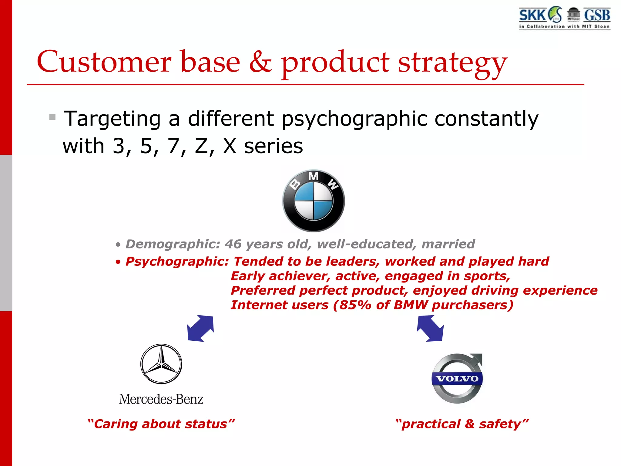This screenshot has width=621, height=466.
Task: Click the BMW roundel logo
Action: (314, 201)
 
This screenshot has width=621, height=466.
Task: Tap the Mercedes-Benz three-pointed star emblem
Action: (161, 364)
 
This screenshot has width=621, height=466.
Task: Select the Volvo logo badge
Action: (457, 378)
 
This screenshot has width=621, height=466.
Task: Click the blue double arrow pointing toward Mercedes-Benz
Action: (200, 329)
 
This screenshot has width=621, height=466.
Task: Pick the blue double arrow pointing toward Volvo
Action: (430, 329)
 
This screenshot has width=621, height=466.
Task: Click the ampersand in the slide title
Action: (260, 62)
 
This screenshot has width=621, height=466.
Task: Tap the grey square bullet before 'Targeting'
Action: (52, 117)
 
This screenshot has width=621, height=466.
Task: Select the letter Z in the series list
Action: (201, 146)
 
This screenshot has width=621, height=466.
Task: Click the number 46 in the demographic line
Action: (233, 244)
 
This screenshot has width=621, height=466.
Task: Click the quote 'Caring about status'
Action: (161, 424)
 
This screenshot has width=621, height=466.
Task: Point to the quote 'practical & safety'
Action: (462, 424)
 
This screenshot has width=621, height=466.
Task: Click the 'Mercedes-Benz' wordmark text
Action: (161, 399)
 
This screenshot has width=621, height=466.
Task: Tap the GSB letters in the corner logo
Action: (597, 15)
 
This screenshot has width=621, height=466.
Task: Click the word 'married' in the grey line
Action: (448, 244)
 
